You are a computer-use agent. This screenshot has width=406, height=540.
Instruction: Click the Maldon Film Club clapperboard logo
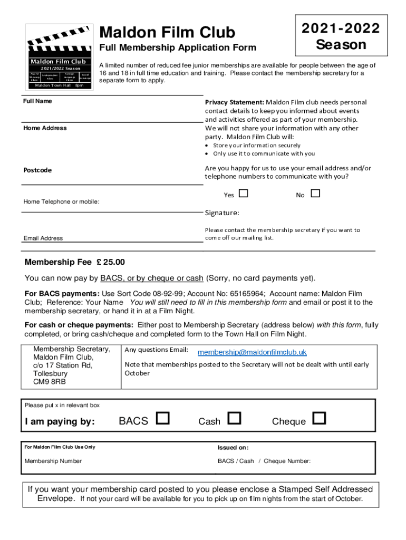click(x=59, y=57)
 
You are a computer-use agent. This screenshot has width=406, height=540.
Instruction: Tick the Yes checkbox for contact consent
click(x=243, y=194)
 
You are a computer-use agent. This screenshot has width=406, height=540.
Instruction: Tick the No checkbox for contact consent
click(x=315, y=194)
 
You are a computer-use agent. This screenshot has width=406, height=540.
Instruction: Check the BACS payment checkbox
click(x=163, y=419)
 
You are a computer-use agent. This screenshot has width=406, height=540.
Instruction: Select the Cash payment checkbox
click(x=235, y=419)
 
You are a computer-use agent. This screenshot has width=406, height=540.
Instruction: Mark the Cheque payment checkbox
click(x=320, y=419)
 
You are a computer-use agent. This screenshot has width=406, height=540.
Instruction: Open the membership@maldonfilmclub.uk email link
click(x=252, y=352)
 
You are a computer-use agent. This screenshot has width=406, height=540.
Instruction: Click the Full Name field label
click(x=37, y=101)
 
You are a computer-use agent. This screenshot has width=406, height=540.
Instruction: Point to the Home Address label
click(x=45, y=128)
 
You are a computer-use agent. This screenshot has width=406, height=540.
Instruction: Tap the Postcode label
click(x=37, y=170)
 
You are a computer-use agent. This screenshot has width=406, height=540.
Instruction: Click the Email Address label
click(x=43, y=238)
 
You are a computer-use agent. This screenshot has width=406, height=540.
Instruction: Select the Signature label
click(x=222, y=213)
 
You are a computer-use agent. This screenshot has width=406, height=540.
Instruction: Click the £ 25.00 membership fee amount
click(x=111, y=262)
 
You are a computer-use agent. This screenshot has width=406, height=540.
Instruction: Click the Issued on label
click(x=233, y=447)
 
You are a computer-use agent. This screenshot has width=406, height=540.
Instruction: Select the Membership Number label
click(x=53, y=461)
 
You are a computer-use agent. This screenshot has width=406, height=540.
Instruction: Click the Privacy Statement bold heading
click(x=234, y=102)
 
